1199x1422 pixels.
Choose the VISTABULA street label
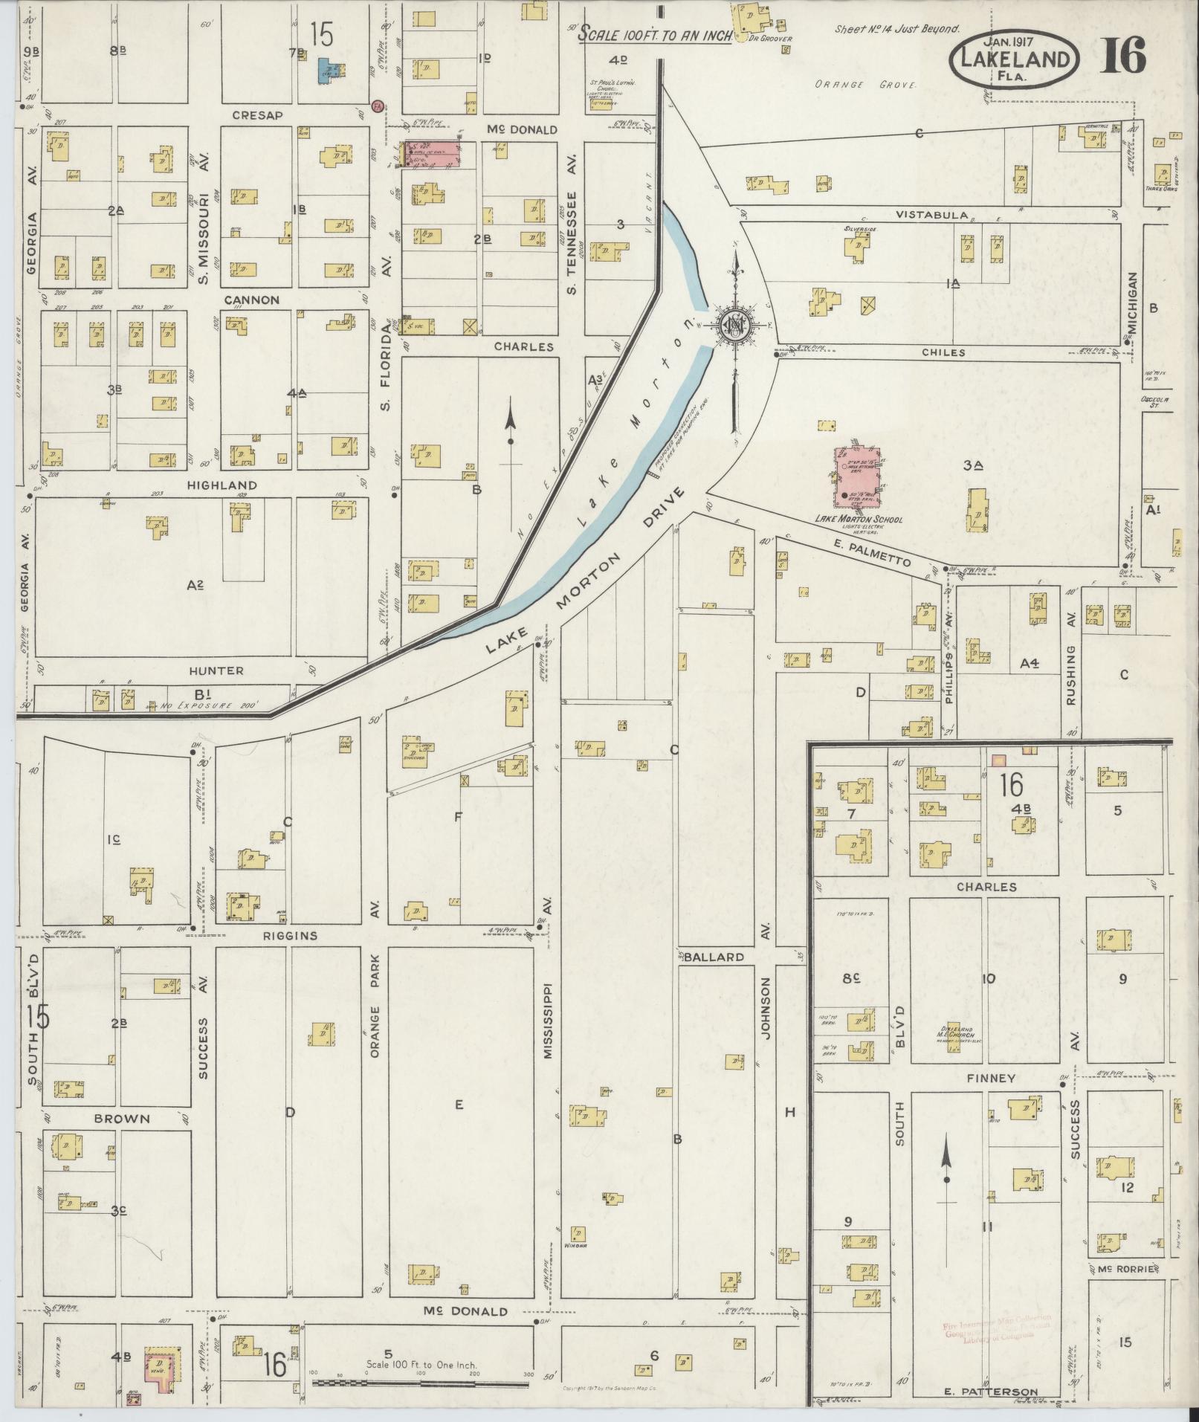[x=931, y=215]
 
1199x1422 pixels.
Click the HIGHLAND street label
[x=222, y=485]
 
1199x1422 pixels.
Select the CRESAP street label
[x=254, y=115]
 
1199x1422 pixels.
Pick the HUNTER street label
[x=216, y=670]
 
